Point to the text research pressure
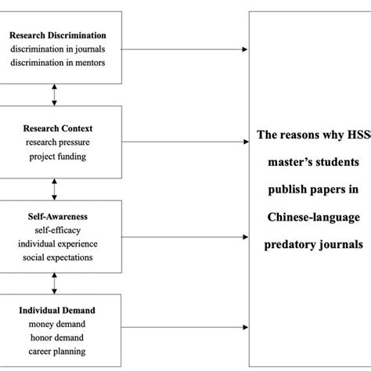[x=54, y=142]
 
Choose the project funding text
[x=54, y=155]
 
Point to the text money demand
[x=54, y=325]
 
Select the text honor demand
[x=54, y=337]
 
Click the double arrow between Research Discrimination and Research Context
[x=54, y=95]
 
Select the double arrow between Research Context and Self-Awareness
[x=54, y=189]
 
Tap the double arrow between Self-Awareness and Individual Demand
[x=54, y=283]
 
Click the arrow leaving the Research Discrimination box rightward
[x=185, y=49]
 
